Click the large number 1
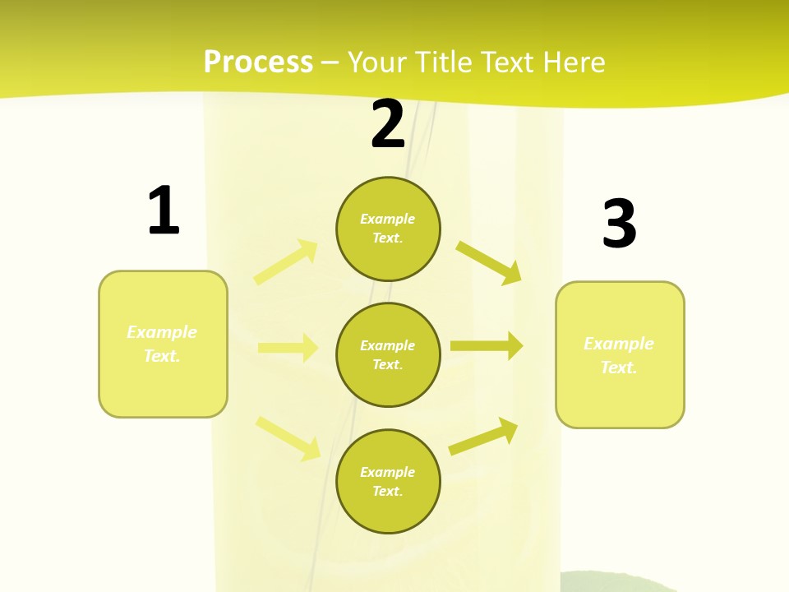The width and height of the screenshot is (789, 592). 164,210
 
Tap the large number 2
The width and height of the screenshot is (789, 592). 388,125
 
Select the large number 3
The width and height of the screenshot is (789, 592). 619,224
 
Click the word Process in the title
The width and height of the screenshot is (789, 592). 258,62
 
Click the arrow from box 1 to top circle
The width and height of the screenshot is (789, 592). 286,262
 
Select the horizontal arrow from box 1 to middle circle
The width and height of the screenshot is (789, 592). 288,348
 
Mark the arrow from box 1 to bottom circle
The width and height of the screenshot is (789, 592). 288,438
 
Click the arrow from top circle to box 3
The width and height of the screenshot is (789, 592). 489,262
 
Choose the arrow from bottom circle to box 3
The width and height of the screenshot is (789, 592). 483,436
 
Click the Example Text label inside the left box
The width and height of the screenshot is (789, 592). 162,344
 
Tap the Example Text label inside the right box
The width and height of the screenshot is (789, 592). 619,355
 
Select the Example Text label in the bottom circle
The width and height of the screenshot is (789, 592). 388,482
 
